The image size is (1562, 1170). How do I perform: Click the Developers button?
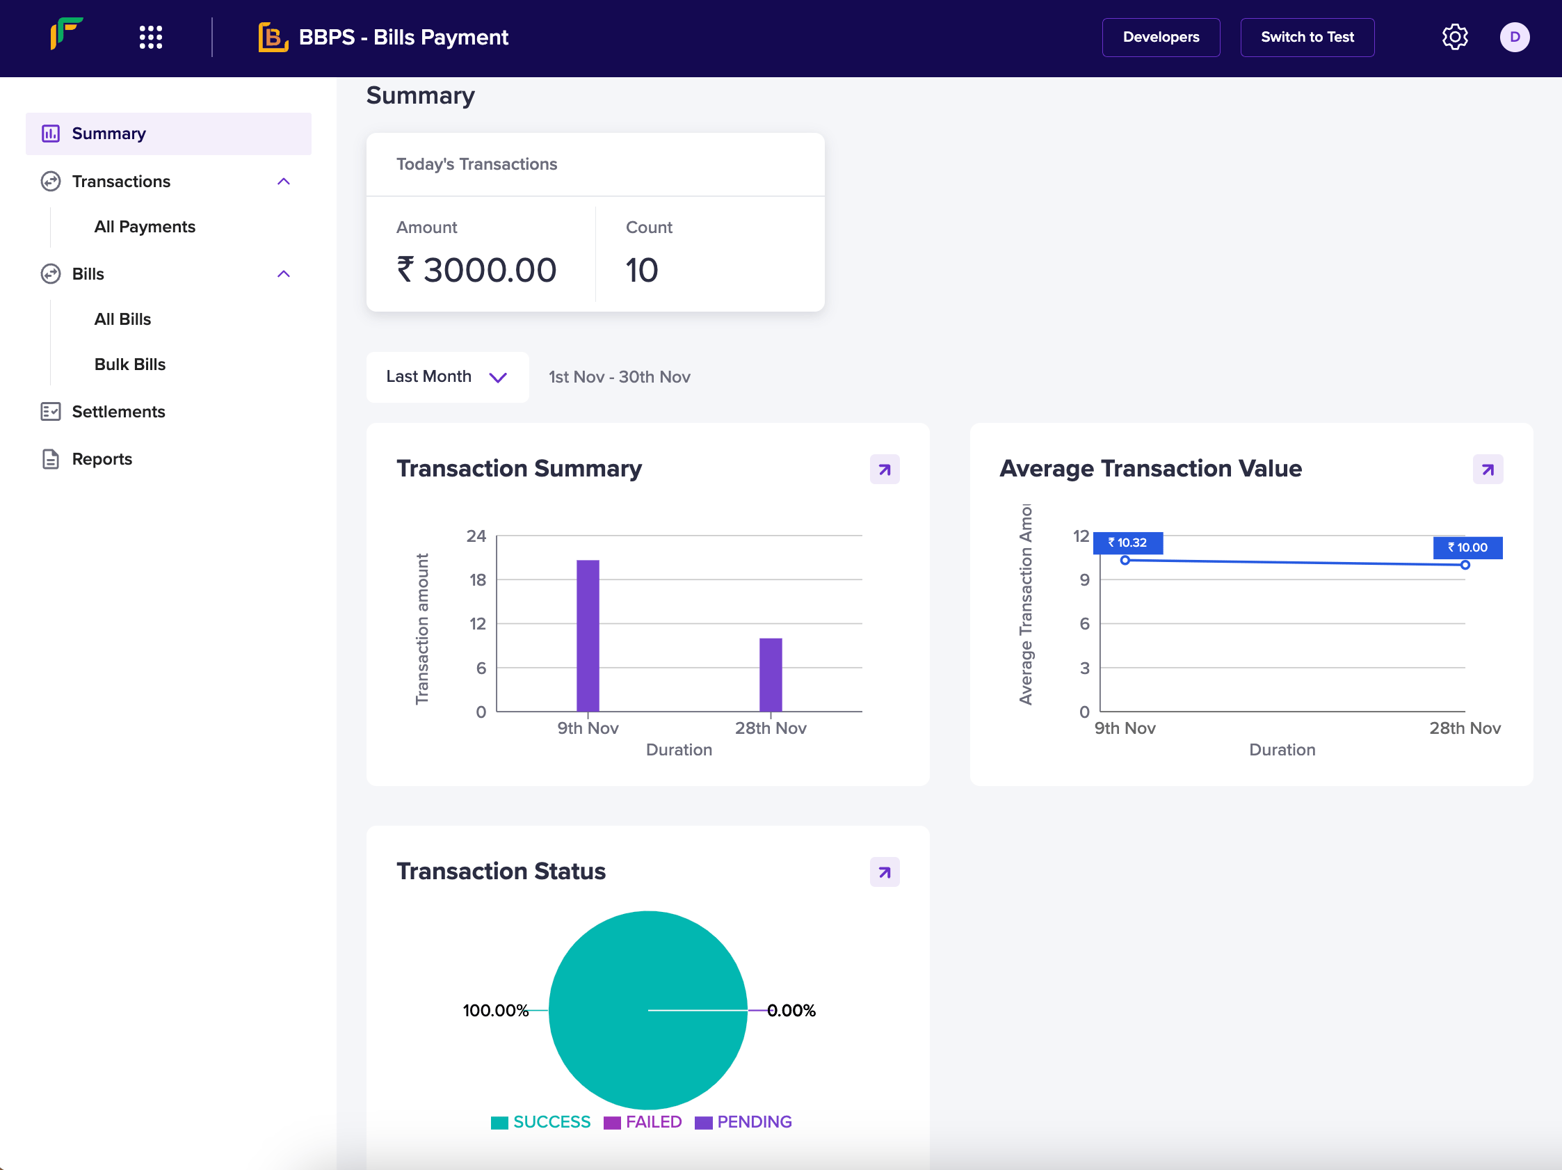[1160, 38]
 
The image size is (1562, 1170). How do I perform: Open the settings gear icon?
[1454, 38]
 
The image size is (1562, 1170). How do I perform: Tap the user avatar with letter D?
[1514, 38]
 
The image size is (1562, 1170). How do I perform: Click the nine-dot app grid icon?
[150, 38]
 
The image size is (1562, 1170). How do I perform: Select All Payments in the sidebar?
[145, 227]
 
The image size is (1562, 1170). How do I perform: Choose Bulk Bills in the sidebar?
[130, 364]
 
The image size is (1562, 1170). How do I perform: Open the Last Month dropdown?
[447, 377]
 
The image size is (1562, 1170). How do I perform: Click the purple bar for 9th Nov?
[588, 636]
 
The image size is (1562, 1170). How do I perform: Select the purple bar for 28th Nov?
[771, 674]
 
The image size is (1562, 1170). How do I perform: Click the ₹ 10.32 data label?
[1127, 543]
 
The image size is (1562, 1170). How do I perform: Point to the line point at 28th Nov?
[1465, 565]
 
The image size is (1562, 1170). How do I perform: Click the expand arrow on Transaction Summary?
[884, 470]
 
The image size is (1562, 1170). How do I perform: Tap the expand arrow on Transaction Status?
[884, 872]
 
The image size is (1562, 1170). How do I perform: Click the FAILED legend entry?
[643, 1122]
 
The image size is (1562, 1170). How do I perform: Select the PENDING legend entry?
[743, 1122]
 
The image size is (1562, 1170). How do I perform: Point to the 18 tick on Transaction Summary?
[477, 580]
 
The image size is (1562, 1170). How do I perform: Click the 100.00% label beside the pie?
[495, 1011]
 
